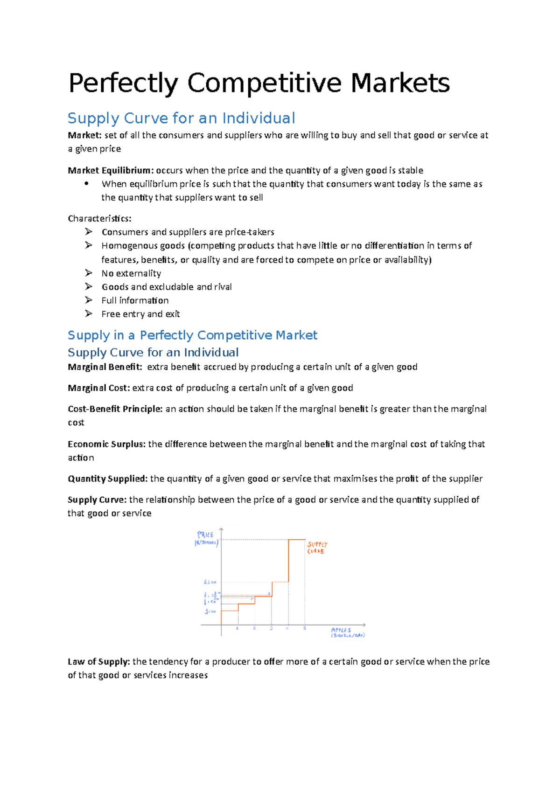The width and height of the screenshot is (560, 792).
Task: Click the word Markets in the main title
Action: tap(400, 83)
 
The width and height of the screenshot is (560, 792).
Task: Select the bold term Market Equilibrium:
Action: tap(111, 170)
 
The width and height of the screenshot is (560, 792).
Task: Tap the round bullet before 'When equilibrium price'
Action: tap(87, 184)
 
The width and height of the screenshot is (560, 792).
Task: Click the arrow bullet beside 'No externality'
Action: tap(89, 273)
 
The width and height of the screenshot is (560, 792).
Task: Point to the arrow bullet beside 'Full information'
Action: tap(89, 300)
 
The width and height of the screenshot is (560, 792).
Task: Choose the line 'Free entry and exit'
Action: tap(140, 314)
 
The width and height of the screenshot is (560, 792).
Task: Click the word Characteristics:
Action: tap(99, 218)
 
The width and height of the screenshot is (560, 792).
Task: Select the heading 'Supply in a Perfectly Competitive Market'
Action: tap(192, 335)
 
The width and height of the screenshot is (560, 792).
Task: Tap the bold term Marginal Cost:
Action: tap(98, 388)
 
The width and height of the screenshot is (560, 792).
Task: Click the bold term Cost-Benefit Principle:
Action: tap(115, 409)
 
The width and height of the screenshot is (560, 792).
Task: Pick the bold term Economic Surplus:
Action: tap(106, 444)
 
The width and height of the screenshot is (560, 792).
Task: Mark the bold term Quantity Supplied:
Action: tap(107, 479)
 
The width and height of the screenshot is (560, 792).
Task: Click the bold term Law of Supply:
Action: tap(98, 661)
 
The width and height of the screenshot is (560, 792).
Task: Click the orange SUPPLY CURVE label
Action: tap(317, 548)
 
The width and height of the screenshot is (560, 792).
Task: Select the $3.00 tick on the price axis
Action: tap(210, 582)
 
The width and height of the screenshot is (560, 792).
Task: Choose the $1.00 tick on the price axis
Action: tap(210, 611)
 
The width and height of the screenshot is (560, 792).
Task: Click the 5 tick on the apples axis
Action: tap(305, 628)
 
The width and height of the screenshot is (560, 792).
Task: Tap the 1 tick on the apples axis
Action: tap(238, 628)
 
